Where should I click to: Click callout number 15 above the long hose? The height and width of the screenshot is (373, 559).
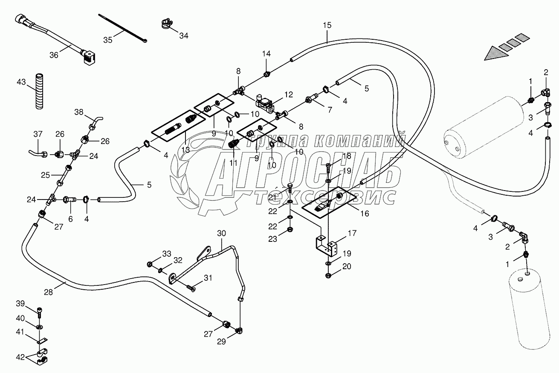[327, 25]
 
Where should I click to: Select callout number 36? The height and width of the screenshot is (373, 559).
[54, 55]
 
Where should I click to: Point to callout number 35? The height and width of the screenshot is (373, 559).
[108, 40]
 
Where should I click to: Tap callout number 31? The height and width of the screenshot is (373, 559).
[207, 278]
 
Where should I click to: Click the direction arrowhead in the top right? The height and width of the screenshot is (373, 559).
[495, 53]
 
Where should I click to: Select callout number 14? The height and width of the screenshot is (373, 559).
[266, 54]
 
